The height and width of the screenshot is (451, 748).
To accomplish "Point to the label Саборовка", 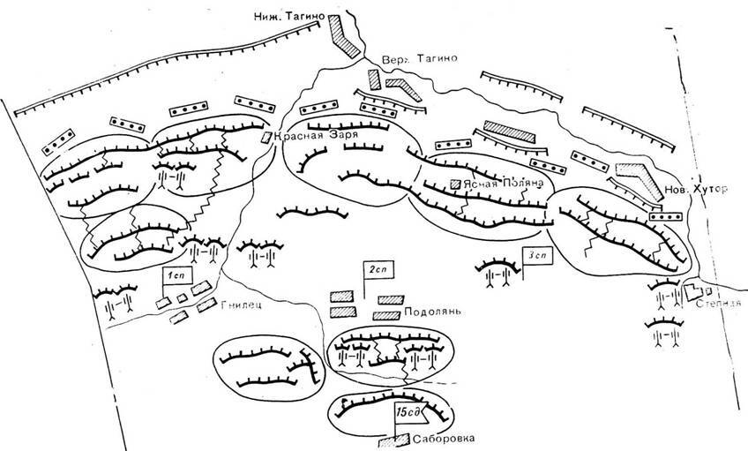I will pyautogui.click(x=445, y=435).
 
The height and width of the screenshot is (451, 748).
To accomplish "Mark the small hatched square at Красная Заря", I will pyautogui.click(x=266, y=137).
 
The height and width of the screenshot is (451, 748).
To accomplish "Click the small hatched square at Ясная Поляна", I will pyautogui.click(x=455, y=184).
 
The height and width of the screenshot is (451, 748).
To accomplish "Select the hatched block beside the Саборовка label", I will pyautogui.click(x=388, y=437).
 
